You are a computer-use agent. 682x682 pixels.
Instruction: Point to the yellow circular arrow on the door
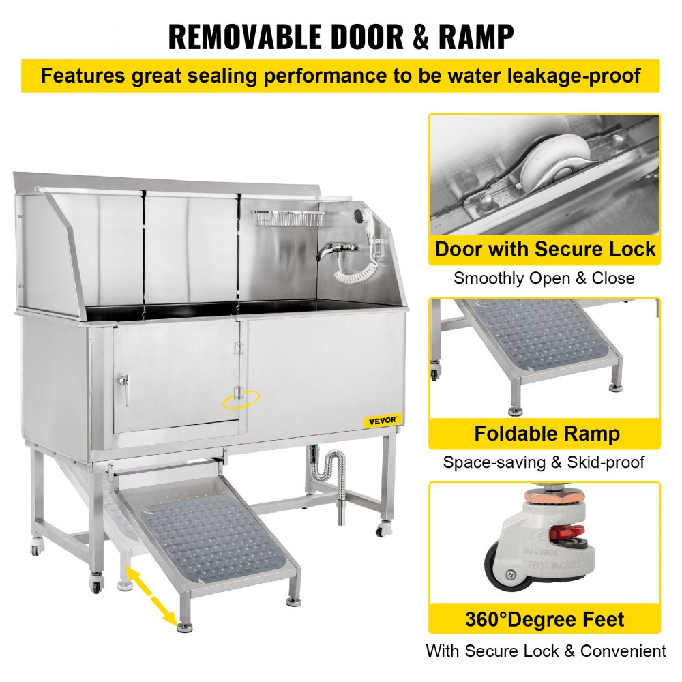tap(237, 397)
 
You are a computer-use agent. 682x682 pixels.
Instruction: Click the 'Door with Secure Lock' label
tap(545, 249)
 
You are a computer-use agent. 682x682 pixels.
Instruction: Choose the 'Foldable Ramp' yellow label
tap(545, 434)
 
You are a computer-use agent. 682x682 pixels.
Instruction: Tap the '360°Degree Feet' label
tap(545, 620)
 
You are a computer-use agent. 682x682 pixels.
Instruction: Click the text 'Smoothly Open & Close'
tap(544, 278)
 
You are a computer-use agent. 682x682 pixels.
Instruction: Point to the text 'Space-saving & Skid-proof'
tap(544, 462)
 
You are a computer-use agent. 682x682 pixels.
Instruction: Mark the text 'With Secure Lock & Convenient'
tap(545, 651)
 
